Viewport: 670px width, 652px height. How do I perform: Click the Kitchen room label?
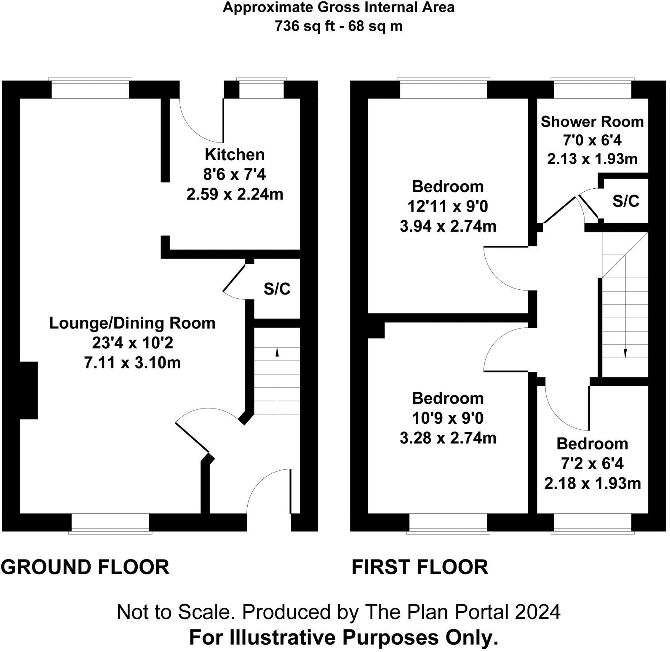click(x=235, y=155)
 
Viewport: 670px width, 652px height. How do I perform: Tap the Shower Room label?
click(x=592, y=122)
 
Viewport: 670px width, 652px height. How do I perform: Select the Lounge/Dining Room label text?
click(x=132, y=323)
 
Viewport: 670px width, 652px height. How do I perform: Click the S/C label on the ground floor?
click(x=277, y=289)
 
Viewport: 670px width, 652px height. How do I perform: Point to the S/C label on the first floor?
click(x=626, y=201)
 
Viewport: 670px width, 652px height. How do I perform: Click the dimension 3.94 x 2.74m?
click(x=448, y=226)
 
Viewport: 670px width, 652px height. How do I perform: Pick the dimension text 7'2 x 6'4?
click(x=592, y=463)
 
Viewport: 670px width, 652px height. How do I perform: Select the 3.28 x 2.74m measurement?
click(x=448, y=438)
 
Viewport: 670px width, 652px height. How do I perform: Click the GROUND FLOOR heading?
click(x=85, y=567)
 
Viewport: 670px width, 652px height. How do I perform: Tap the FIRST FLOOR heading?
click(x=420, y=567)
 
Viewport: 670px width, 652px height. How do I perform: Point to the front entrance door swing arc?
click(x=259, y=481)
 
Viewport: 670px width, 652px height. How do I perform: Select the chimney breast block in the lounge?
click(x=29, y=390)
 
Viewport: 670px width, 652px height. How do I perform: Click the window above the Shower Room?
click(x=592, y=89)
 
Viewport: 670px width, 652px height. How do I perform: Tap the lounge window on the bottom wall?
click(x=110, y=522)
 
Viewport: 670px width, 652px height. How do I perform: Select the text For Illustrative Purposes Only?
click(x=344, y=637)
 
